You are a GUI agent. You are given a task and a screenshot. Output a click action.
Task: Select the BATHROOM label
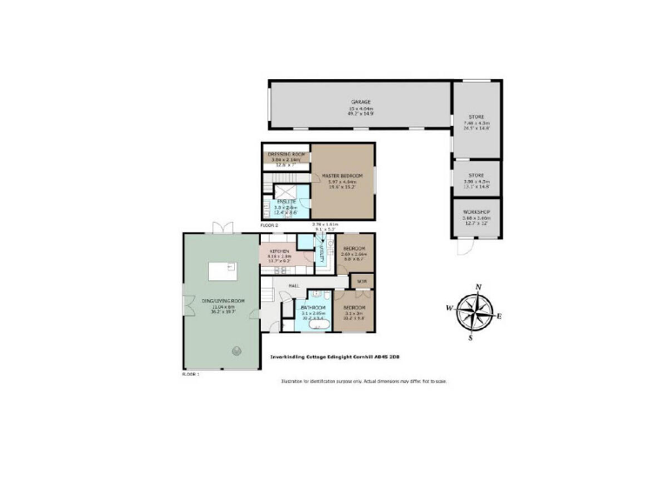click(312, 308)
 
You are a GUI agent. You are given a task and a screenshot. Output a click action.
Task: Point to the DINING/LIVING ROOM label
click(223, 301)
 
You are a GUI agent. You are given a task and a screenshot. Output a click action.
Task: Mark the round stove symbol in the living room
click(235, 351)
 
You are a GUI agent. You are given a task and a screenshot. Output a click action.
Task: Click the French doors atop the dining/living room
click(223, 228)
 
